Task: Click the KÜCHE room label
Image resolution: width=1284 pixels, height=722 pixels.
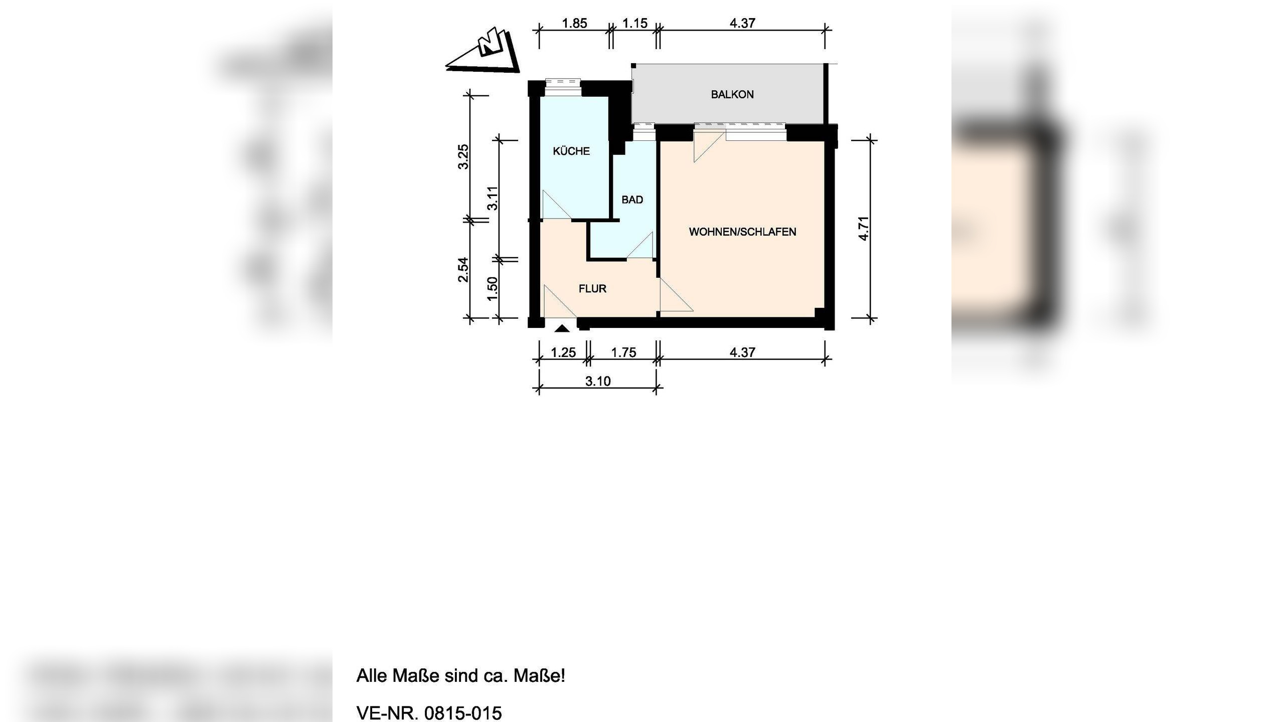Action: (x=571, y=151)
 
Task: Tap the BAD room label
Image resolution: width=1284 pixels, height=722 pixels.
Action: (x=632, y=200)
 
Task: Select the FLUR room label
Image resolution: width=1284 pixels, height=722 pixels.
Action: (x=592, y=288)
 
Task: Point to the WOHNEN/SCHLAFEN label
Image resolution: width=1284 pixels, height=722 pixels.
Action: (x=742, y=232)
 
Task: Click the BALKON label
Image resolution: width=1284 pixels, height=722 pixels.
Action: (x=732, y=94)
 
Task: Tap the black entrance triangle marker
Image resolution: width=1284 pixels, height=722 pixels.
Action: (x=563, y=329)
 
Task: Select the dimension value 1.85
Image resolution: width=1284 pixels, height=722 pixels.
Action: (x=574, y=24)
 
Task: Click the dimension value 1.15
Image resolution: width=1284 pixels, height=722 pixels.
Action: (x=634, y=24)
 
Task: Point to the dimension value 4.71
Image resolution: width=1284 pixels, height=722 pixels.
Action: (x=863, y=229)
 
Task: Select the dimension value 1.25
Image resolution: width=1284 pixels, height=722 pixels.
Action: (x=563, y=352)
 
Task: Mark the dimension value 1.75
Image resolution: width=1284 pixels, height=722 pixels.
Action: (x=623, y=352)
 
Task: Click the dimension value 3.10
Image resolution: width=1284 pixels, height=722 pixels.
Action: (x=598, y=382)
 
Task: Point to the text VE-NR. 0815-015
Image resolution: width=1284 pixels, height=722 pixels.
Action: (x=429, y=712)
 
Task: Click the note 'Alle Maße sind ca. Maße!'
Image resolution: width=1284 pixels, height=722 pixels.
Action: (x=460, y=676)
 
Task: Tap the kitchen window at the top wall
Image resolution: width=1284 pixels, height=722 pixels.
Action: (x=562, y=87)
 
